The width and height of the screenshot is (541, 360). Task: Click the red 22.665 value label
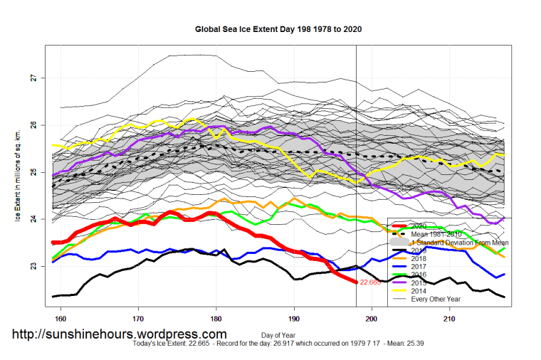(x=371, y=282)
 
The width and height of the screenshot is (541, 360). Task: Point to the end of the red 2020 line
(x=356, y=282)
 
